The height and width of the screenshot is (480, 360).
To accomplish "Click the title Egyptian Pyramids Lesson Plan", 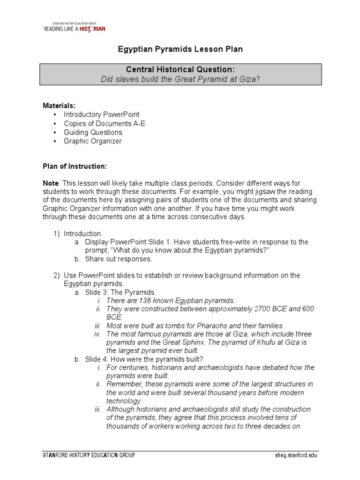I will [180, 49].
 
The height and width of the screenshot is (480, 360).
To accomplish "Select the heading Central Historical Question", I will [180, 70].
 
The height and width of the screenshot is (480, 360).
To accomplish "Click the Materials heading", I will [59, 105].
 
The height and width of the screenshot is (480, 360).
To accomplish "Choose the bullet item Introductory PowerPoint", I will [102, 114].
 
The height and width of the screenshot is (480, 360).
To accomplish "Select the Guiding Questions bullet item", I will [93, 132].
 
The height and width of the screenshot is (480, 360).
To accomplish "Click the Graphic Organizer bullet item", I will [92, 141].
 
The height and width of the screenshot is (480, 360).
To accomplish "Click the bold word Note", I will [51, 182].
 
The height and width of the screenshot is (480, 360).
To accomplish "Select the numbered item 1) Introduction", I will [82, 233].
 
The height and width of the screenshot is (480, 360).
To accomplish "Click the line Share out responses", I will [119, 259].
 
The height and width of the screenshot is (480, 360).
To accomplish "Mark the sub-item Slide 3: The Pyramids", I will [120, 292].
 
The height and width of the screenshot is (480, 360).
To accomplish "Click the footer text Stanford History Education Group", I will [89, 455].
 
